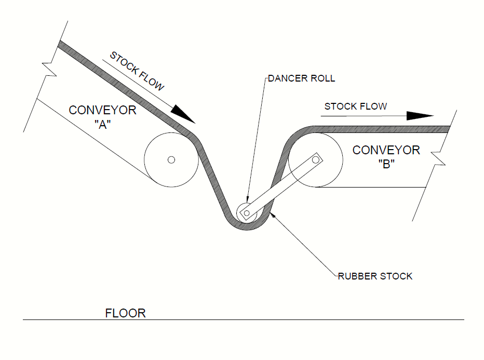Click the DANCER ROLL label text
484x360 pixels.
pyautogui.click(x=302, y=79)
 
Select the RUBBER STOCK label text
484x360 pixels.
pyautogui.click(x=375, y=276)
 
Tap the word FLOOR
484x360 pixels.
pyautogui.click(x=125, y=313)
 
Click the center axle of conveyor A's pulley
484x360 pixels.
pyautogui.click(x=171, y=160)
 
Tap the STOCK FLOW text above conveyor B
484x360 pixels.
pyautogui.click(x=356, y=106)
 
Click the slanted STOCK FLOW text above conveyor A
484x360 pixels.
pyautogui.click(x=137, y=71)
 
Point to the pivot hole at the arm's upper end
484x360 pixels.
pyautogui.click(x=315, y=160)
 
